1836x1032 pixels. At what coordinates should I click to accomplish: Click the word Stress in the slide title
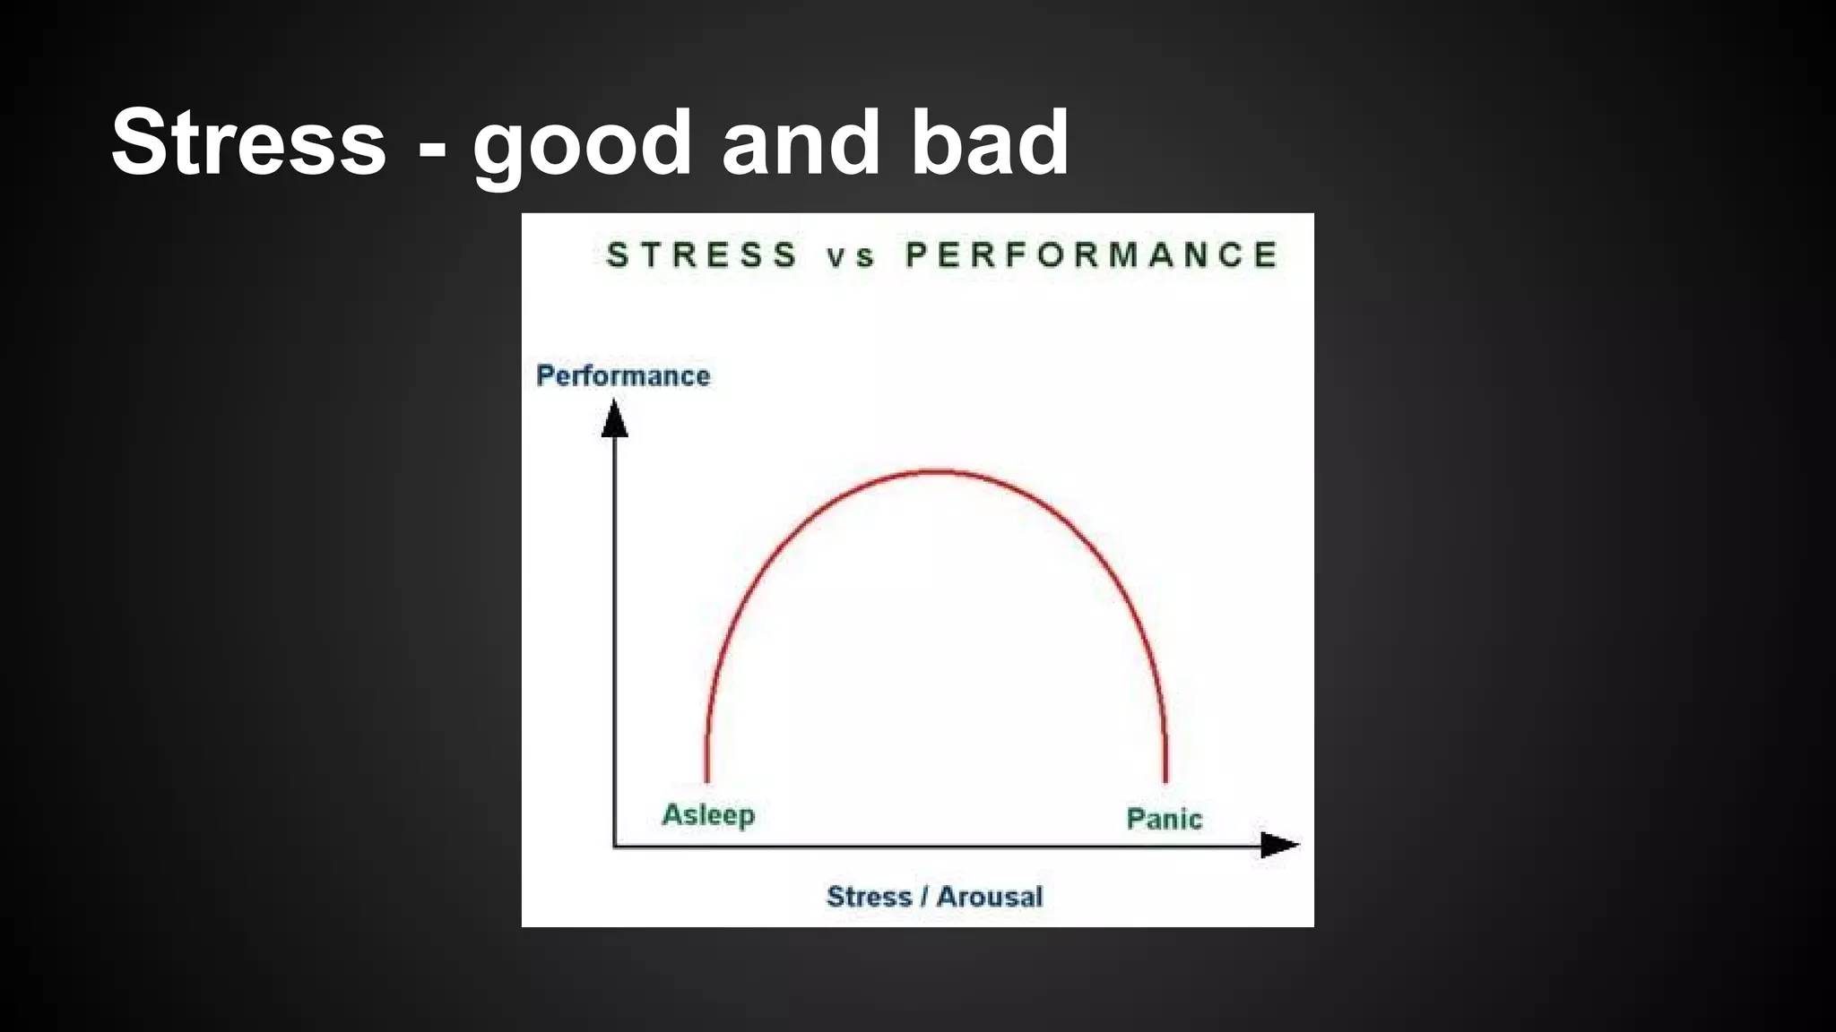click(x=248, y=143)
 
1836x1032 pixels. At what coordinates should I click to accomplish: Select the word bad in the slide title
click(x=989, y=143)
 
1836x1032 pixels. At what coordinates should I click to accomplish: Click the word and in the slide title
click(x=801, y=143)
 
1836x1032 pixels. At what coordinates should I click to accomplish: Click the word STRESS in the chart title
click(x=702, y=255)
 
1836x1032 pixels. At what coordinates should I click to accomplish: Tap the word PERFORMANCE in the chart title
click(x=1091, y=255)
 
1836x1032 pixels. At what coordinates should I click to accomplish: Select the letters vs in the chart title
click(x=850, y=257)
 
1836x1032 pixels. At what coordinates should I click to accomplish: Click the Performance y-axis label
click(x=623, y=375)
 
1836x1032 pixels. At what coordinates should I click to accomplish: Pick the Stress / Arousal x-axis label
click(x=934, y=897)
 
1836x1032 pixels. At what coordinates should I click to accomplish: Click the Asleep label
click(x=708, y=815)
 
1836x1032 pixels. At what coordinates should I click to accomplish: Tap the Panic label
click(x=1164, y=819)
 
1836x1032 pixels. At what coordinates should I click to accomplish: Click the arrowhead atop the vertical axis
click(x=614, y=419)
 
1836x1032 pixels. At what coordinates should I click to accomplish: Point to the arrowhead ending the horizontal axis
click(x=1279, y=845)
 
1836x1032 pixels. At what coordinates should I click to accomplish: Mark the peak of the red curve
click(x=936, y=471)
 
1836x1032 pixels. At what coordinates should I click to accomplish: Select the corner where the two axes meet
click(x=614, y=846)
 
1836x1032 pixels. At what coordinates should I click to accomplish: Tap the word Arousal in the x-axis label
click(x=990, y=897)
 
